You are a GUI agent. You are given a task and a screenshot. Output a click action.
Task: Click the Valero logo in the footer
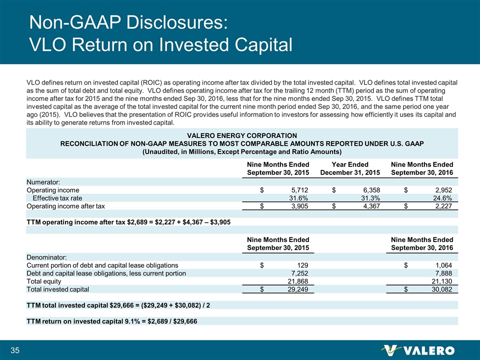pos(417,349)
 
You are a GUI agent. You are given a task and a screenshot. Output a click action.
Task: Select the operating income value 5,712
pos(298,190)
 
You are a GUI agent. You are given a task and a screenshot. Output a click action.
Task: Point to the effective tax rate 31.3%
pos(370,198)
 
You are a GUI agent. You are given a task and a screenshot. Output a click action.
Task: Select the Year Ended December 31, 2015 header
pos(351,168)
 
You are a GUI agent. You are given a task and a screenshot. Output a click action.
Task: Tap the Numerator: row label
pos(43,182)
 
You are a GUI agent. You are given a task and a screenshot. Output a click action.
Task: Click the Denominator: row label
pos(46,256)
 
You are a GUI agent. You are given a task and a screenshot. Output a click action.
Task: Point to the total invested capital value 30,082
pos(440,289)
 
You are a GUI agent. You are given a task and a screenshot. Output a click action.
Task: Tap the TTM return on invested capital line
pos(111,321)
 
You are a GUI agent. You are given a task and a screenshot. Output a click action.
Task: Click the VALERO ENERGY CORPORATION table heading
pos(242,135)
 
